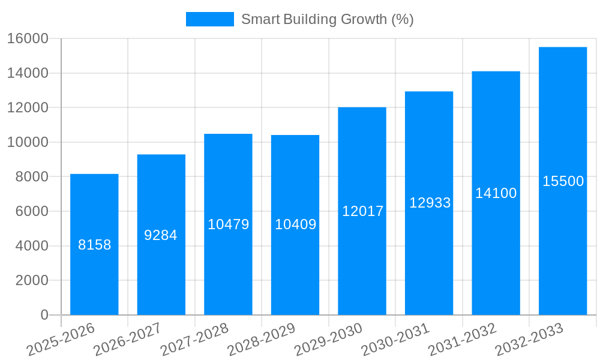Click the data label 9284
point(161,235)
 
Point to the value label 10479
point(228,224)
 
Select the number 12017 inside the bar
point(362,211)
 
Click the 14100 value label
point(496,193)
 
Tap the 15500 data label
point(563,181)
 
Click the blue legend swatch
point(209,19)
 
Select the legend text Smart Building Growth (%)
point(327,19)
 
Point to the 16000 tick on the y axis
point(28,38)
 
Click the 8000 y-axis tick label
point(32,177)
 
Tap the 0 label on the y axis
point(44,315)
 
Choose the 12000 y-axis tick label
point(28,108)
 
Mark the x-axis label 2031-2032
point(463,340)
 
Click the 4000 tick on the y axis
point(32,246)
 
